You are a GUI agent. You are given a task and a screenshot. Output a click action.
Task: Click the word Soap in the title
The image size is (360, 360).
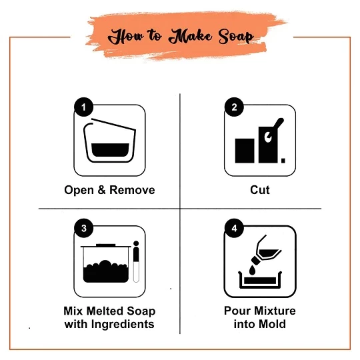click(x=236, y=37)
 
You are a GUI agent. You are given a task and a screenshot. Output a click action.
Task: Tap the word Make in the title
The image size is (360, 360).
click(x=190, y=36)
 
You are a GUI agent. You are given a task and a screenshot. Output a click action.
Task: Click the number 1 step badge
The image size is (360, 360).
click(x=83, y=107)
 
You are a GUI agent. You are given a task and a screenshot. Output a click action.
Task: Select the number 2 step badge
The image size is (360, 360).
click(x=234, y=107)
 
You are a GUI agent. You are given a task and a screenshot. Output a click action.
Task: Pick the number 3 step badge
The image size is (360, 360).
click(x=83, y=228)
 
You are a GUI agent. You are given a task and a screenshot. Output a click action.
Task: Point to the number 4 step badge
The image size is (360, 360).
click(x=234, y=228)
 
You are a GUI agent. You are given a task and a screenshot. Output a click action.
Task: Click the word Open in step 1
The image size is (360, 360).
click(x=79, y=191)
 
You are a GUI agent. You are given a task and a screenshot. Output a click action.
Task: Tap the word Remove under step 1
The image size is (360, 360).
click(x=132, y=190)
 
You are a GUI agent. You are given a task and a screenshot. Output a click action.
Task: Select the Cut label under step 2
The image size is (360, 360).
click(x=260, y=190)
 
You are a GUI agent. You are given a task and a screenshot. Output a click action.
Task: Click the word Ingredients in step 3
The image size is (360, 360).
click(x=123, y=325)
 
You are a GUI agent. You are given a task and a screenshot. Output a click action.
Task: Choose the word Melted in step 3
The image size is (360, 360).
click(x=105, y=311)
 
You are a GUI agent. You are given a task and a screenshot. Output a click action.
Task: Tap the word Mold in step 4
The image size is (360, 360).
click(x=272, y=324)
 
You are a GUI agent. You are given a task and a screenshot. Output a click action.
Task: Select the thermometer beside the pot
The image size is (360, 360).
click(x=136, y=261)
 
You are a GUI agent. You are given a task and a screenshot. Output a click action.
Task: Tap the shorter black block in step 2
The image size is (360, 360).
click(x=245, y=151)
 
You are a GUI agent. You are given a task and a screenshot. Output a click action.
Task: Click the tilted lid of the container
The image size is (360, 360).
click(x=113, y=124)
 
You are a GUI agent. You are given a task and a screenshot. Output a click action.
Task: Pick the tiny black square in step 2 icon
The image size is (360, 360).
click(x=283, y=161)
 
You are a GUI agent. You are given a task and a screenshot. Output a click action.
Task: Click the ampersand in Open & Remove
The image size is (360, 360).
click(x=101, y=190)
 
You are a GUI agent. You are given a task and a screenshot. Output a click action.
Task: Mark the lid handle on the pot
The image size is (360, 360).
click(x=105, y=245)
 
